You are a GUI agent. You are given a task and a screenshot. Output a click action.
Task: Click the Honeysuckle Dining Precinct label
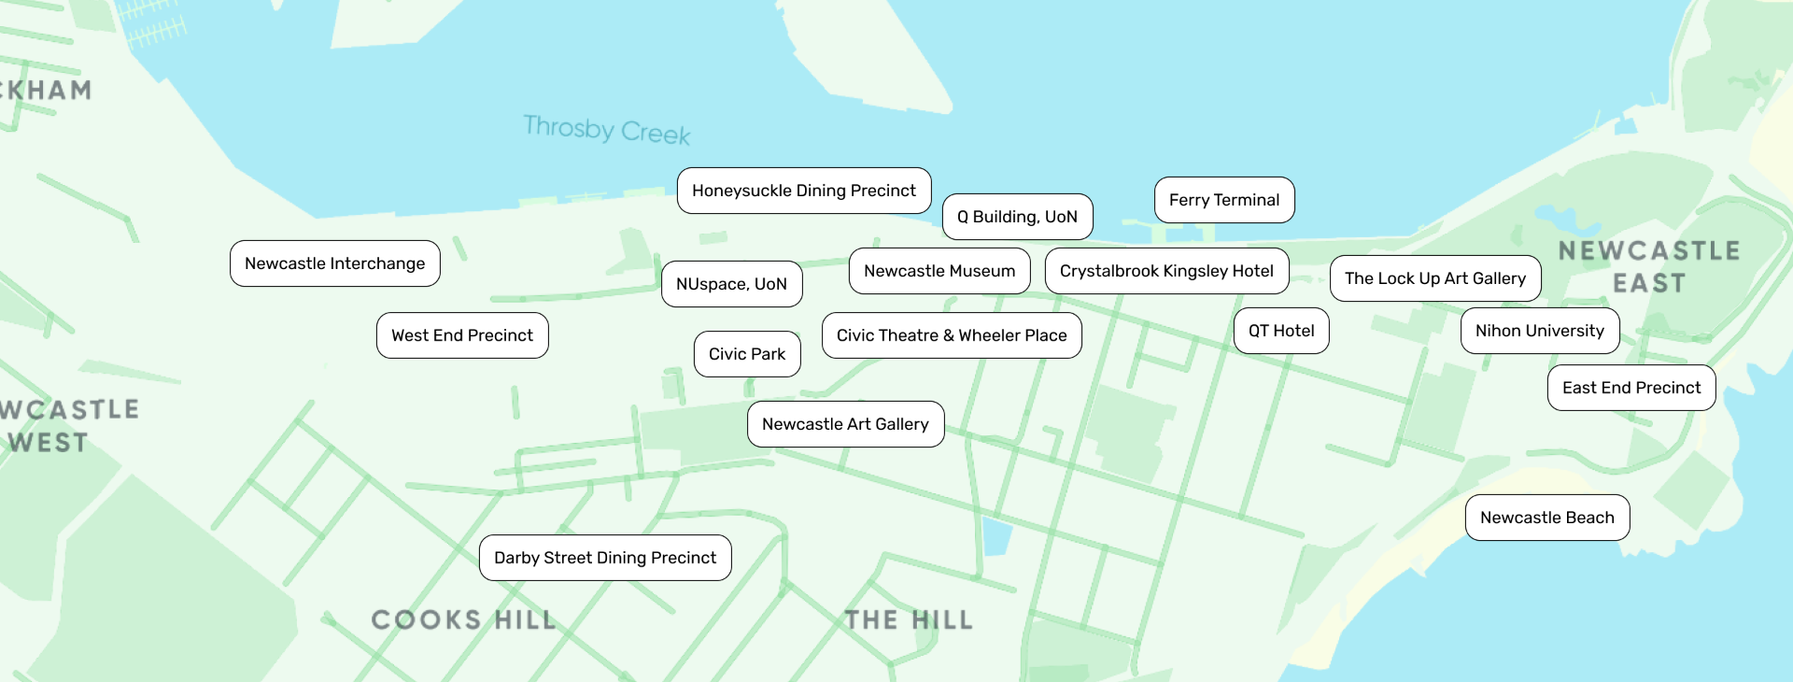click(804, 191)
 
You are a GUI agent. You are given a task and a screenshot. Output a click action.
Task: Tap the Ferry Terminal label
click(1224, 200)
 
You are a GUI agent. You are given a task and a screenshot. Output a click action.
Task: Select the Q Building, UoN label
click(1017, 217)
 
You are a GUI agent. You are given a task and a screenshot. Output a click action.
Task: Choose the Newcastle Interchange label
click(334, 263)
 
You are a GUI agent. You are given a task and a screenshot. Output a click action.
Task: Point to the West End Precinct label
click(462, 335)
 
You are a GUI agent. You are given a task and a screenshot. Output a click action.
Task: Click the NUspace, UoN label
click(731, 284)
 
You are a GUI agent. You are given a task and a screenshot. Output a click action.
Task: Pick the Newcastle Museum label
click(939, 271)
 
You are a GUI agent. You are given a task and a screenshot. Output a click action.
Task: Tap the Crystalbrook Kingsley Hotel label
click(1166, 271)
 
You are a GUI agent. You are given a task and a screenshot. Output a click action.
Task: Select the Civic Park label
click(747, 354)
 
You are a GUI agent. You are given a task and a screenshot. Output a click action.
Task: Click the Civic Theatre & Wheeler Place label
click(952, 335)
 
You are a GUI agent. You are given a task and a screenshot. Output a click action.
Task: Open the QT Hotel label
click(1281, 331)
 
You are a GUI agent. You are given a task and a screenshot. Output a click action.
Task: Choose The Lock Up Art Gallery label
click(1435, 278)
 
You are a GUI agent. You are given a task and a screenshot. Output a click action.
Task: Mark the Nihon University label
click(1540, 331)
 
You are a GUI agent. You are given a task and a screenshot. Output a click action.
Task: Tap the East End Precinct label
click(1631, 388)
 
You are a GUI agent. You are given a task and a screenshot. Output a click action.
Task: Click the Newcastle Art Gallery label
click(845, 424)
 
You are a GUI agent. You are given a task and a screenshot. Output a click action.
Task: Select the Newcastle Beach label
click(1547, 518)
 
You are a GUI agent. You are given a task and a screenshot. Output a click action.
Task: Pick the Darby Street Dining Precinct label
click(605, 558)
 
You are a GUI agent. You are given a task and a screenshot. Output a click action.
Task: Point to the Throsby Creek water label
click(607, 130)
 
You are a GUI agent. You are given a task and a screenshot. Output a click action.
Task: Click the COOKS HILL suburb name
click(463, 619)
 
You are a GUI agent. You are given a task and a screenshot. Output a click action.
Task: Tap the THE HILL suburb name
click(909, 619)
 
